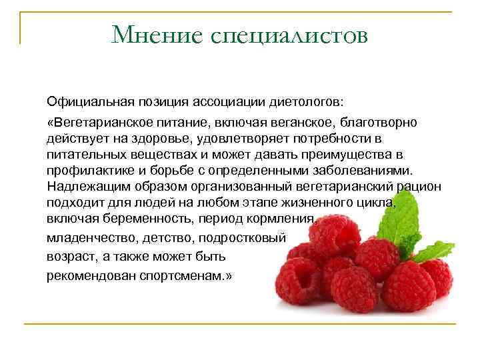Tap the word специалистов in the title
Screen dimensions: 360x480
tap(289, 35)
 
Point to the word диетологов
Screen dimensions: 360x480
tap(307, 103)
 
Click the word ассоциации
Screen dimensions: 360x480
tap(229, 103)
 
